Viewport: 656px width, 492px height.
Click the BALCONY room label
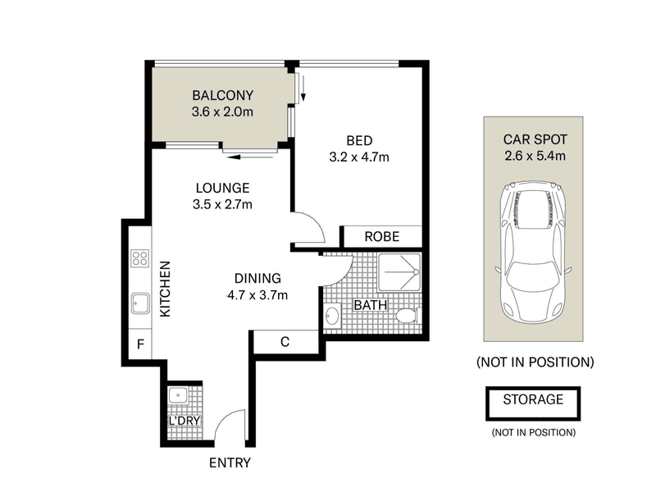[222, 95]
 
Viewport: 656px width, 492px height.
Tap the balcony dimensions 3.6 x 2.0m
[222, 112]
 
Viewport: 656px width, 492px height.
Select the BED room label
[359, 140]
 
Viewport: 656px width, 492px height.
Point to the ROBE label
[382, 237]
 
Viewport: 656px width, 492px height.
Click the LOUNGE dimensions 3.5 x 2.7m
[222, 204]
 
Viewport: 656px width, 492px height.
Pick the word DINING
[257, 278]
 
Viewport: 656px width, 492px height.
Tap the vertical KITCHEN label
[166, 289]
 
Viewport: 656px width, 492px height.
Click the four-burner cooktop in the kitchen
[139, 258]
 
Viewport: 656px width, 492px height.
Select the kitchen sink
[140, 303]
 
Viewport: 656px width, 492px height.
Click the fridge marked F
[139, 344]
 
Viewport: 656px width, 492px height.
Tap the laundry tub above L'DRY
[178, 395]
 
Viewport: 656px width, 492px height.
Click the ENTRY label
[230, 462]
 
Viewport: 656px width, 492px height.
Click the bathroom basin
[333, 316]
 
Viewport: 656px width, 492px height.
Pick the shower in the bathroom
[399, 272]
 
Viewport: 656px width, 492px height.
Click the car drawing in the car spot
[533, 253]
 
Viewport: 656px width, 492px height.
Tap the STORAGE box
[533, 403]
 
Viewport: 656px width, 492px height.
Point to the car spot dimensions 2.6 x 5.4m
[535, 156]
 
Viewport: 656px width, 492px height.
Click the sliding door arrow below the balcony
[250, 157]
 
